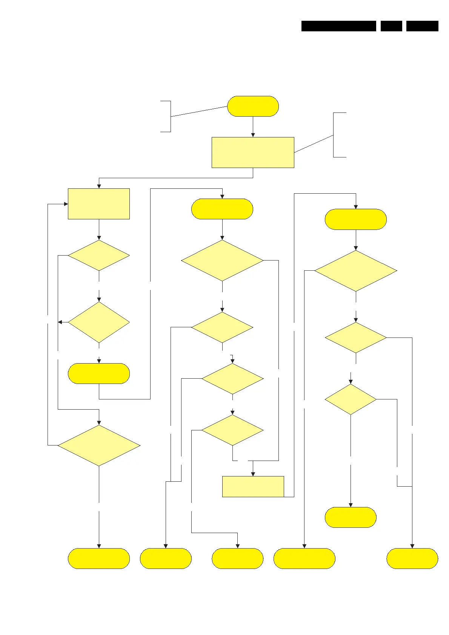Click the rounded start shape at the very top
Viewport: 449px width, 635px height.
click(x=253, y=106)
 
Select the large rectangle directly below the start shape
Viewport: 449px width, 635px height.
click(x=253, y=152)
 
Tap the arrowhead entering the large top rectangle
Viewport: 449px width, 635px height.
click(x=253, y=135)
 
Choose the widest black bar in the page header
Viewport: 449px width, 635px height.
click(x=338, y=26)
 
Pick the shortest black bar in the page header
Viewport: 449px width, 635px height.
click(x=391, y=26)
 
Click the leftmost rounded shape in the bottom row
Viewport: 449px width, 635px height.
click(x=99, y=558)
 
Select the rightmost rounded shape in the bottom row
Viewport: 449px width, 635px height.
click(x=412, y=558)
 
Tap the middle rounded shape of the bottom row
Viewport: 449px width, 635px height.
click(x=237, y=558)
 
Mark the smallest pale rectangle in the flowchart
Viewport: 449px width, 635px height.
click(x=253, y=486)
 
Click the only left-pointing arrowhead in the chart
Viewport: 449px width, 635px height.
click(x=60, y=322)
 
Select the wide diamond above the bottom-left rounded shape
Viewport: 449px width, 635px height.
click(x=99, y=445)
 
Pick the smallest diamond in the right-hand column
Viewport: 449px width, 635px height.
click(x=351, y=399)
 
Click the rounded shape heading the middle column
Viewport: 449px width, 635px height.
click(x=222, y=209)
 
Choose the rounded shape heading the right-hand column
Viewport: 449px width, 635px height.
click(x=355, y=219)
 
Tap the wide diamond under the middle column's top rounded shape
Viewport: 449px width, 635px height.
click(x=222, y=260)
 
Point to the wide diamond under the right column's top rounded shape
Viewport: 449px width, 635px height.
click(x=355, y=271)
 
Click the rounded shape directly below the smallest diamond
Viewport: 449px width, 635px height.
click(x=351, y=517)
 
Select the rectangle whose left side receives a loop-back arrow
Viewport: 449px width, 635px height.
click(x=99, y=204)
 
